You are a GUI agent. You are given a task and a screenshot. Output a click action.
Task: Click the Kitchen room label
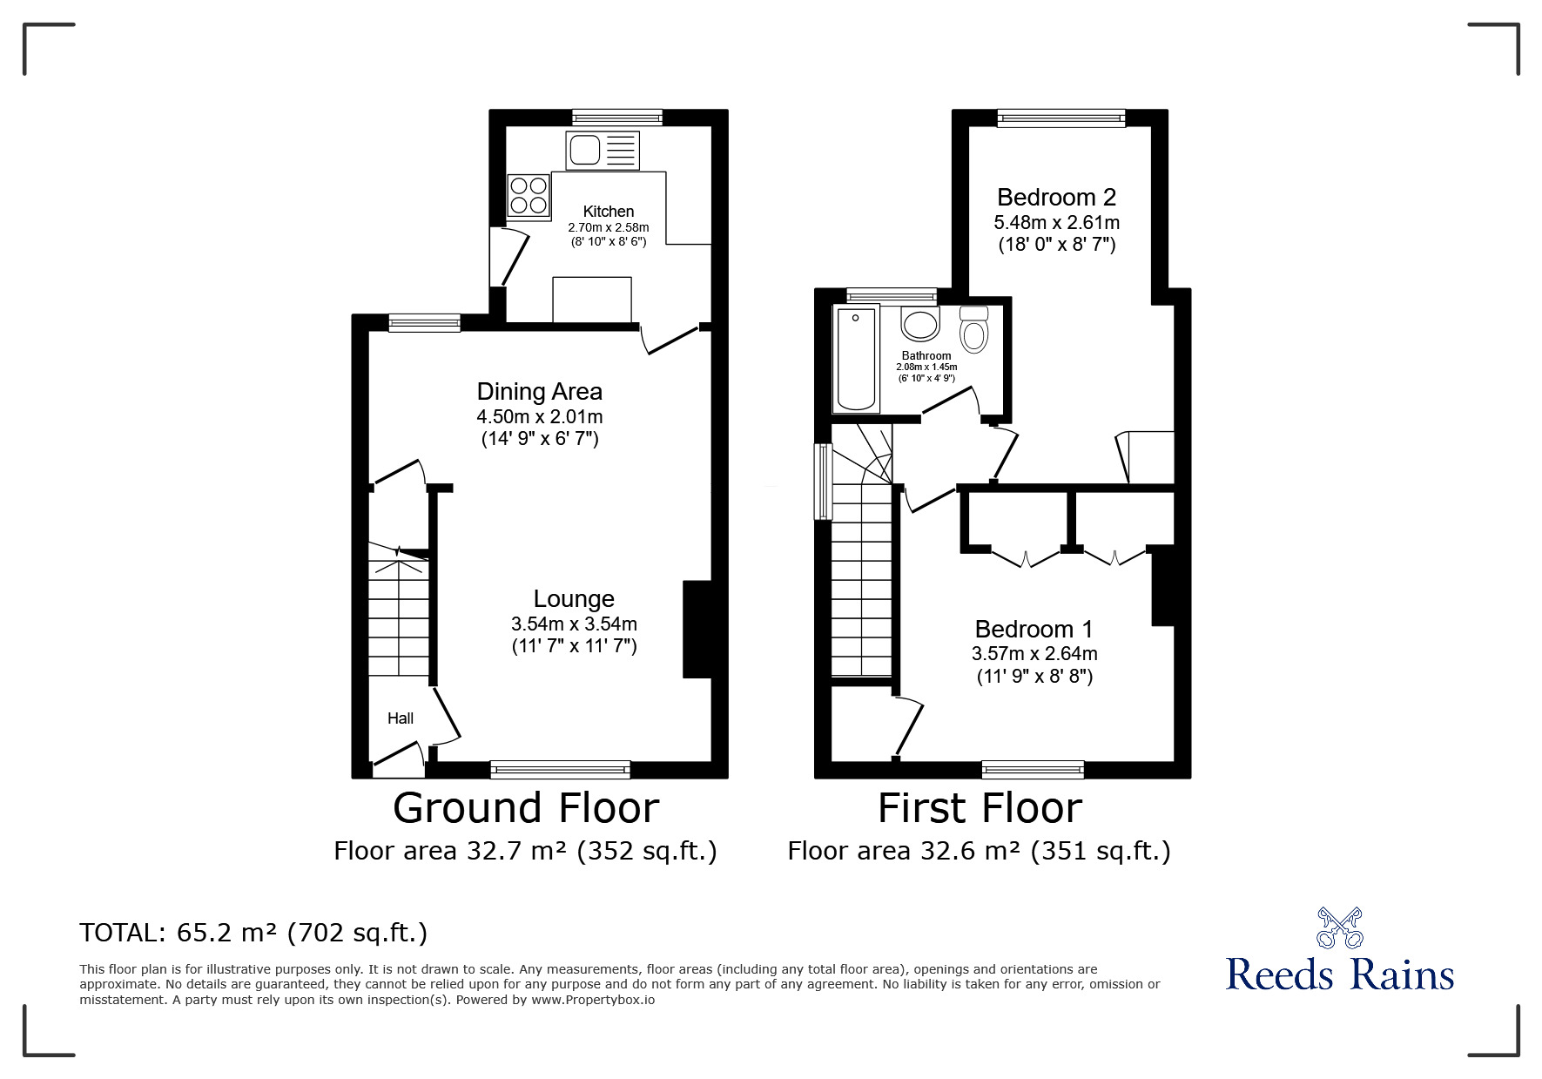coord(608,211)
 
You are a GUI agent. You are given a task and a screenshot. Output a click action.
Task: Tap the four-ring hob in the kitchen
coord(529,195)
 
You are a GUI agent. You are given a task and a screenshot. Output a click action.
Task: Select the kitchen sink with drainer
coord(602,150)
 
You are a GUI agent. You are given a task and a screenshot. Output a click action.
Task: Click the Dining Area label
coord(539,392)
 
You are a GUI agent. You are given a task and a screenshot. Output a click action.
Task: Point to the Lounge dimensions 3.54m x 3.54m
coord(574,624)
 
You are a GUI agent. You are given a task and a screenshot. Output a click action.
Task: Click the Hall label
coord(400,718)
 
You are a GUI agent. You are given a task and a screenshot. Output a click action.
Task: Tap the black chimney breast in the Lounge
coord(697,628)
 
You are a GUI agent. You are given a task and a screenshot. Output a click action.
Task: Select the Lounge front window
coord(560,768)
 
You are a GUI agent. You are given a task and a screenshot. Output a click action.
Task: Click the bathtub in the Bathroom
coord(856,358)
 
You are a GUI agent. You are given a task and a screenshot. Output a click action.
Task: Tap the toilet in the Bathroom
coord(973,328)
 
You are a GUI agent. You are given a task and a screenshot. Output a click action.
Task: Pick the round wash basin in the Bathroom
coord(919,325)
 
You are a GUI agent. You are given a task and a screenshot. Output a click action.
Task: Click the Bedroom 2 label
coord(1056,198)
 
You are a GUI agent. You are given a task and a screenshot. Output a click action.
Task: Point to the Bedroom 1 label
coord(1034,629)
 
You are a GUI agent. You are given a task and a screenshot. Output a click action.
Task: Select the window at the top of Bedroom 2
coord(1061,118)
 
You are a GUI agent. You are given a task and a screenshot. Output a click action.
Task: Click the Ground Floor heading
coord(526,808)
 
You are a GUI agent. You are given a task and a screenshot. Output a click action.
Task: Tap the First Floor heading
coord(980,808)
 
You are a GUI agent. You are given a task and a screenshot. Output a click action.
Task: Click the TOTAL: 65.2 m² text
coord(253,933)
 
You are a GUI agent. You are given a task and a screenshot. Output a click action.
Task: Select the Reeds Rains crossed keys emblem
coord(1339,927)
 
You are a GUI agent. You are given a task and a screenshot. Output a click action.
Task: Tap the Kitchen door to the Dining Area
coord(670,341)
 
